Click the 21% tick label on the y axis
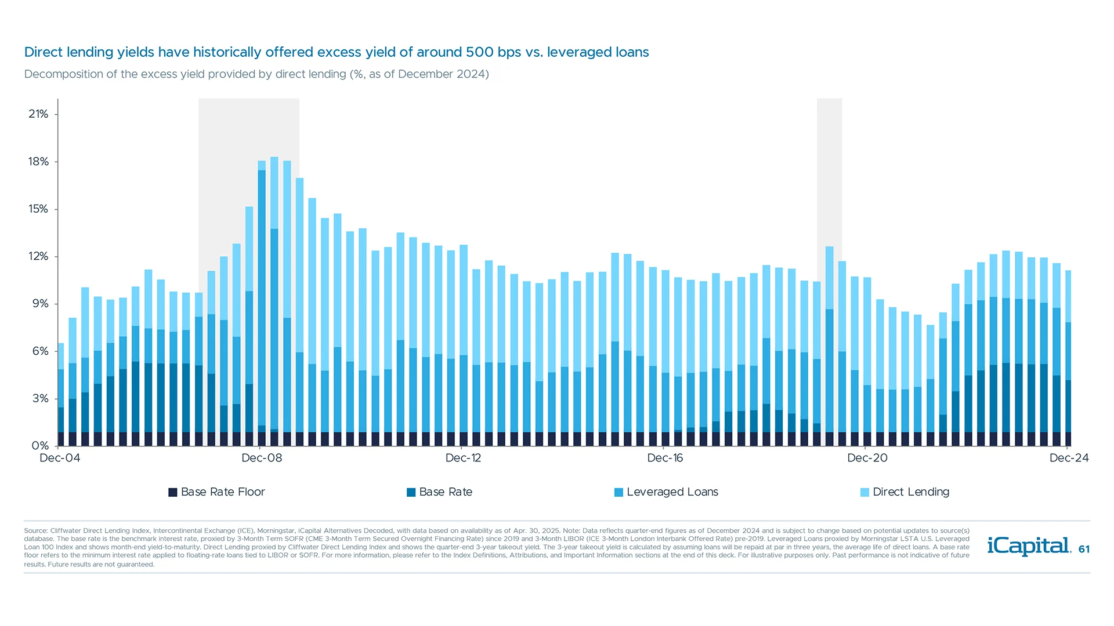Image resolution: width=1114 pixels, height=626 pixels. pyautogui.click(x=38, y=114)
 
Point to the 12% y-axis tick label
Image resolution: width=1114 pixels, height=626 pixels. pyautogui.click(x=38, y=256)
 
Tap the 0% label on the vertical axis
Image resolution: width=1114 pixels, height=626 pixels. pyautogui.click(x=40, y=446)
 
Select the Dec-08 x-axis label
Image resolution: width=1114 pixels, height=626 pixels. pyautogui.click(x=262, y=458)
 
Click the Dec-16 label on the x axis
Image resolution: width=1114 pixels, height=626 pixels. pyautogui.click(x=665, y=458)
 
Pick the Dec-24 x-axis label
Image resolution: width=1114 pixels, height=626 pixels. pyautogui.click(x=1069, y=458)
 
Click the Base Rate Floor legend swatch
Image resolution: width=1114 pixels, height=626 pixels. pyautogui.click(x=173, y=492)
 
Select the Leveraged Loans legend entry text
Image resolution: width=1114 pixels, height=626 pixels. pyautogui.click(x=672, y=492)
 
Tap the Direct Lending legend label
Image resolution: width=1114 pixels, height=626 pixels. pyautogui.click(x=911, y=492)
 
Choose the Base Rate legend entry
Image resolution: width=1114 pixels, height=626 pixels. pyautogui.click(x=446, y=492)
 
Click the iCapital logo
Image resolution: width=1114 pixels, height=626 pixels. pyautogui.click(x=1029, y=546)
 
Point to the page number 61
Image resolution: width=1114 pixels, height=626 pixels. pyautogui.click(x=1084, y=549)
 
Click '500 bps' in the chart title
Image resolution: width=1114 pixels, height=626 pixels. pyautogui.click(x=493, y=52)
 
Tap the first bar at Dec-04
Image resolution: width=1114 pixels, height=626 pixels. pyautogui.click(x=61, y=394)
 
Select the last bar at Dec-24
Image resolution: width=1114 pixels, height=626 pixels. pyautogui.click(x=1068, y=359)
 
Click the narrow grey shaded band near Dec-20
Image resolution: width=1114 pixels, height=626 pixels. pyautogui.click(x=829, y=174)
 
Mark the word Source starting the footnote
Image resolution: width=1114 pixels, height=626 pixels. pyautogui.click(x=35, y=530)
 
